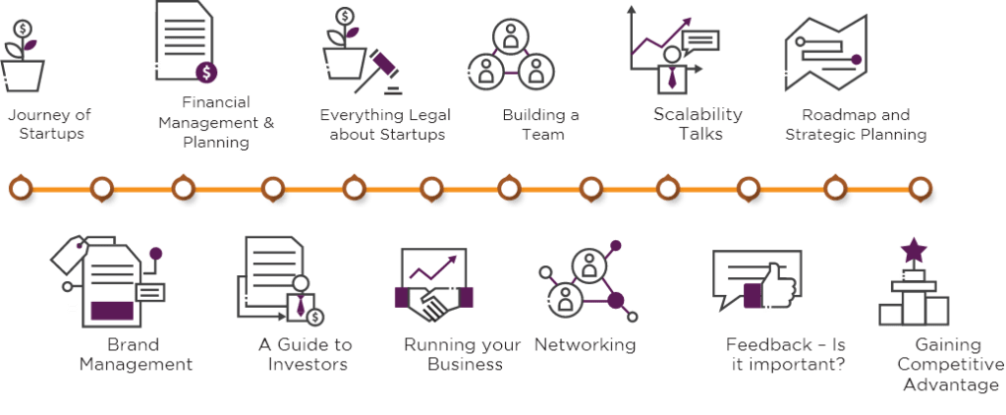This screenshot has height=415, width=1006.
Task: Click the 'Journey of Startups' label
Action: point(45,124)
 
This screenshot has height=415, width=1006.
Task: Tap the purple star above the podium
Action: point(914,251)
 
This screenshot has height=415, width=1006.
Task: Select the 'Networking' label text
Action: point(585,345)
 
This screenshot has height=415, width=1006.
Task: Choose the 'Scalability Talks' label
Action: point(698,124)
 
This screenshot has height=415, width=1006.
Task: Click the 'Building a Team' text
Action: point(540,124)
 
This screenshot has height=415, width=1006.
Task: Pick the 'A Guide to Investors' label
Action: point(306,355)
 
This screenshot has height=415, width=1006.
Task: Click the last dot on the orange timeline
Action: point(920,186)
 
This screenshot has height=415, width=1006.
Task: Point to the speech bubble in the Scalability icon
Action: point(700,41)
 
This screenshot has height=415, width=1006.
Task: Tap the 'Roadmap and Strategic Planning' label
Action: point(856,125)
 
